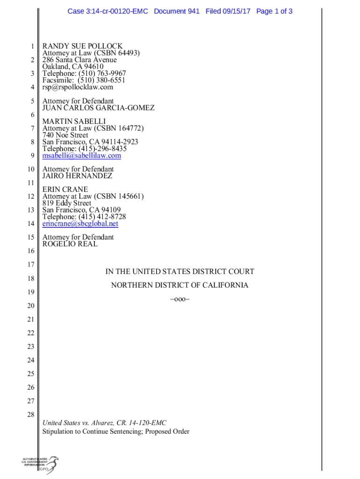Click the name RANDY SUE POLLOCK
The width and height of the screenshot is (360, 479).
pos(82,46)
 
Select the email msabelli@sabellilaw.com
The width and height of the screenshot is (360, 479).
pos(82,156)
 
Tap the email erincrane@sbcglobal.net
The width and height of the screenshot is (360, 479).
pos(80,224)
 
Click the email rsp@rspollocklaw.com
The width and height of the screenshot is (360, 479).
pos(78,87)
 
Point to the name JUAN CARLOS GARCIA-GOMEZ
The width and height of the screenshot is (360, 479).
pos(98,108)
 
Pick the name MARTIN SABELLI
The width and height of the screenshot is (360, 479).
pos(74,122)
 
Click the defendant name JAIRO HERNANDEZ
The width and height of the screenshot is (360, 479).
pos(78,176)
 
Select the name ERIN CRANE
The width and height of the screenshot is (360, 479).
pos(65,189)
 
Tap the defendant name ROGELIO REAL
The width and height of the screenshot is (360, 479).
pos(70,244)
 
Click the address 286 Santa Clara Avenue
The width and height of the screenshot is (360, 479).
pos(79,60)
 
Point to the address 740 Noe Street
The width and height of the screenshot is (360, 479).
pos(65,135)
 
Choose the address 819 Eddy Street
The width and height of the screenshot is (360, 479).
pos(67,203)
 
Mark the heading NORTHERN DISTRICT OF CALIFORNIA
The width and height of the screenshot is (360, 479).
pos(180,285)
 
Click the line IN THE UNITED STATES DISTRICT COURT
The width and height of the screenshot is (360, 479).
pos(180,272)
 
